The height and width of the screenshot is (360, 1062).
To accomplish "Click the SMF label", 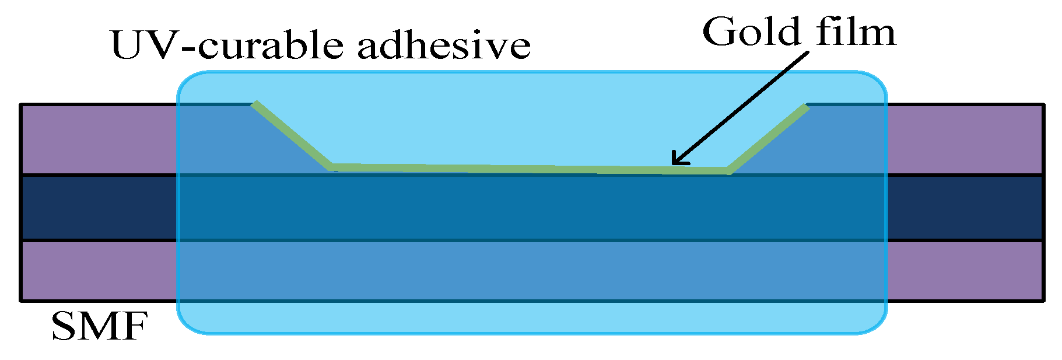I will click(x=99, y=327).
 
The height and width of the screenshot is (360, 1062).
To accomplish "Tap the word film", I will click(x=856, y=32).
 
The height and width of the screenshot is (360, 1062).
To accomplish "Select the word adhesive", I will click(x=444, y=46).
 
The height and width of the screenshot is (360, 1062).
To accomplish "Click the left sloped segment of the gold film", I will click(x=292, y=135).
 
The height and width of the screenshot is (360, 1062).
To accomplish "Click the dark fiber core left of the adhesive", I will click(x=99, y=208).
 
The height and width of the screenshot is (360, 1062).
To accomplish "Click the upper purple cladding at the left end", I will click(x=99, y=139).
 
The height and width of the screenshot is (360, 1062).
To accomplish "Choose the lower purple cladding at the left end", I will click(x=99, y=271).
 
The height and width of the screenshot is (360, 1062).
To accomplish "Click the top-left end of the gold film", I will click(x=255, y=104).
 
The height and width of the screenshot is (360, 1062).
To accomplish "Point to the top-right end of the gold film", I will click(x=806, y=107).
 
